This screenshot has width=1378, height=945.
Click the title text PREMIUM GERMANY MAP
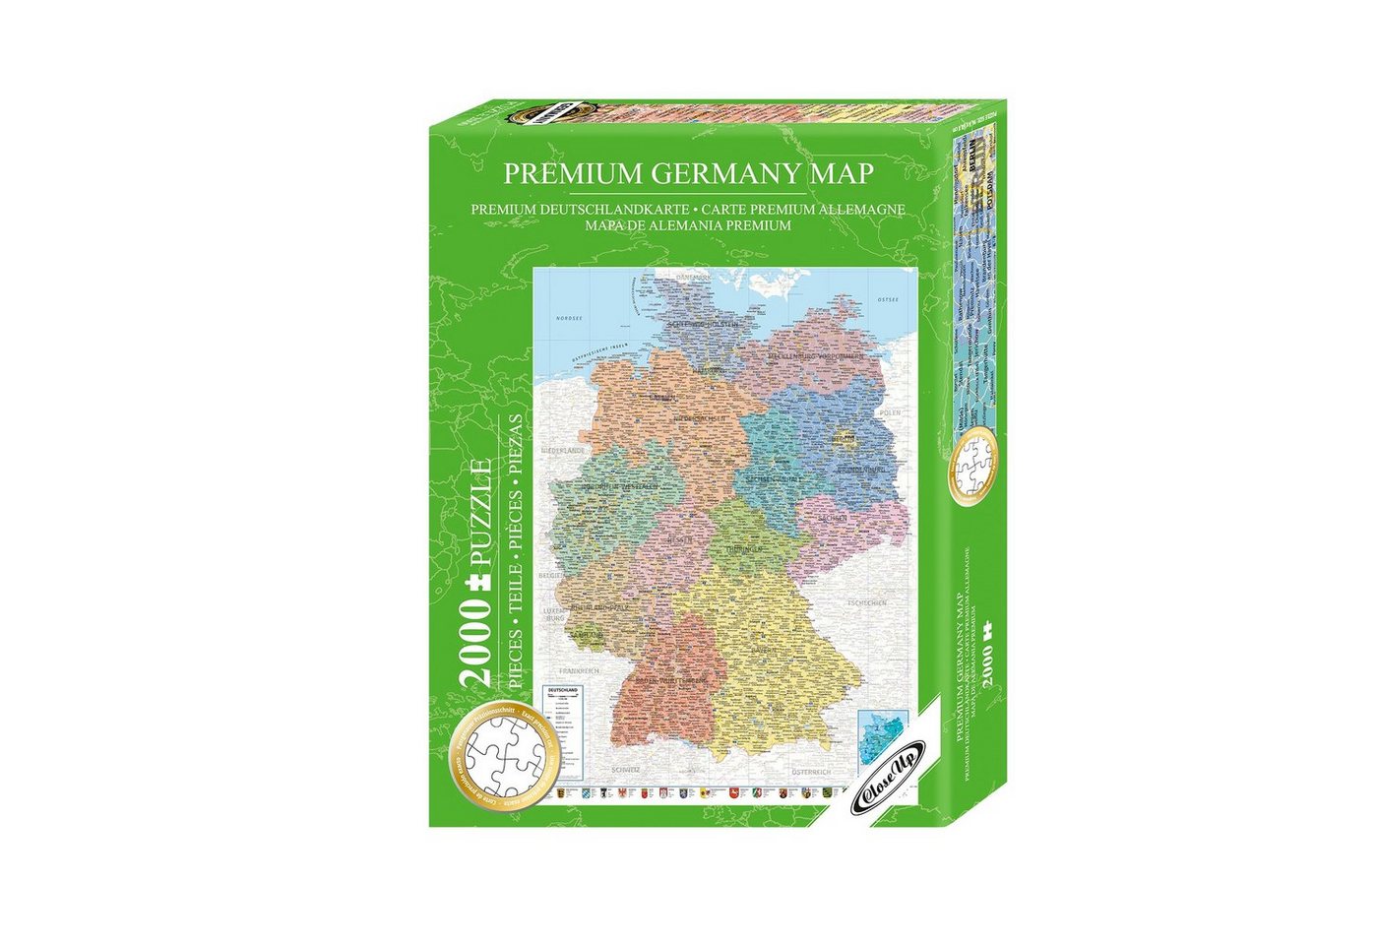tap(688, 173)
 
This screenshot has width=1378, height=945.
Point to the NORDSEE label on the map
tap(569, 318)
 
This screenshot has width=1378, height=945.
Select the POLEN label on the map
tap(890, 412)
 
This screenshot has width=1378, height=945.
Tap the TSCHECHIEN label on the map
tap(867, 602)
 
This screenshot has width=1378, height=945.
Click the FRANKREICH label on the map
tap(580, 670)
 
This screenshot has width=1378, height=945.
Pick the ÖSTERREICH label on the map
tap(812, 771)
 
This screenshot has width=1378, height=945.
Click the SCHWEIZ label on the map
tap(626, 768)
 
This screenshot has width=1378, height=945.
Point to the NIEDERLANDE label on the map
tap(562, 450)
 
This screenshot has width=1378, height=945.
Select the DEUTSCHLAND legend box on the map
tap(565, 720)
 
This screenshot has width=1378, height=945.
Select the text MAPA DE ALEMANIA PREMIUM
tap(688, 224)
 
